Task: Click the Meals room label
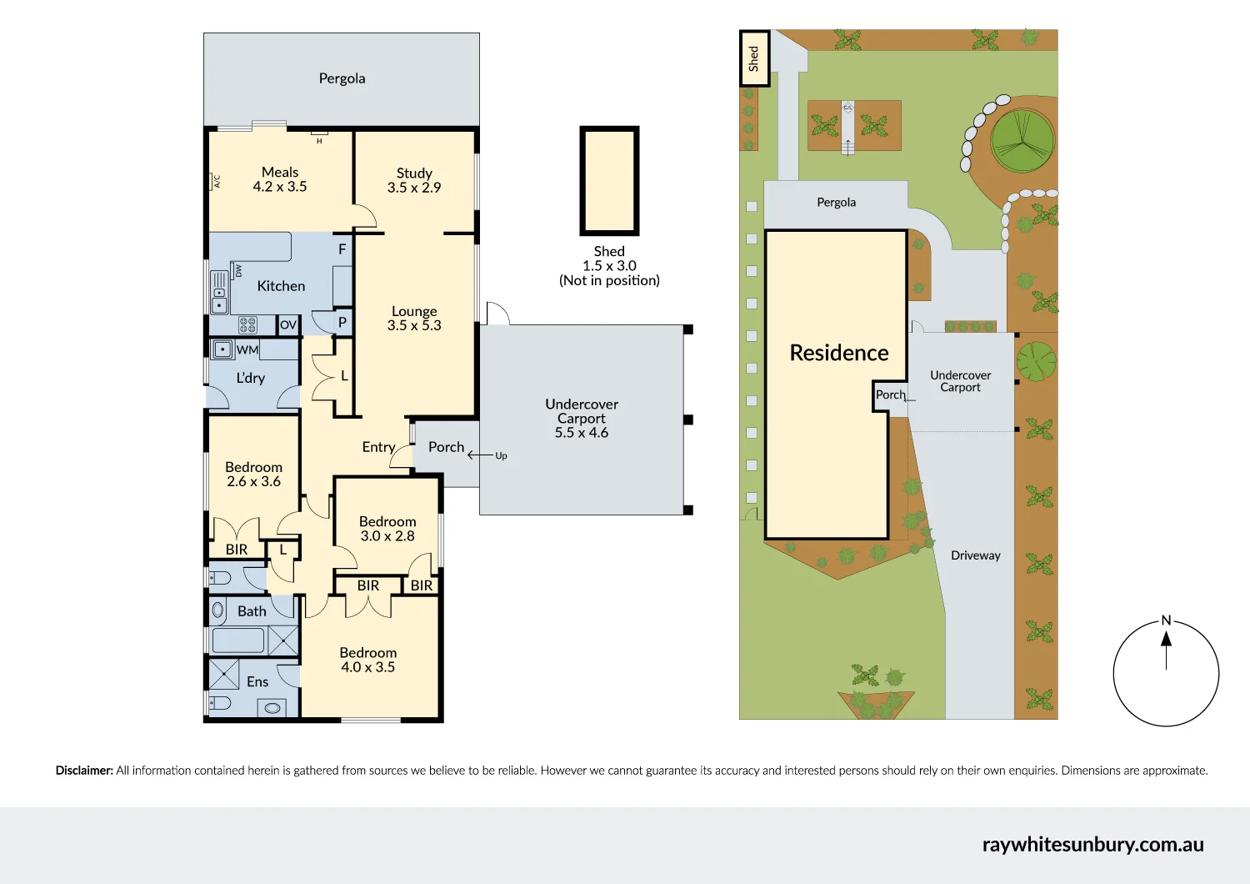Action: click(x=280, y=173)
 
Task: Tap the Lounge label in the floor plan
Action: click(x=414, y=311)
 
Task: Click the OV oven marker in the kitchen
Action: click(x=288, y=325)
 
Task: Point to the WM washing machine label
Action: click(x=247, y=349)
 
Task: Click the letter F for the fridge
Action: click(x=342, y=249)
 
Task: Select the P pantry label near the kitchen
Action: click(x=342, y=323)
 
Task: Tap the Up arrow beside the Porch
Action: click(x=488, y=455)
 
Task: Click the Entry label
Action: click(x=378, y=447)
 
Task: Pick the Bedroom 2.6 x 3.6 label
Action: click(x=253, y=475)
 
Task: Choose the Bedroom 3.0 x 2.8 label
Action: click(x=387, y=529)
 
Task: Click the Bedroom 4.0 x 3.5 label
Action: click(x=367, y=660)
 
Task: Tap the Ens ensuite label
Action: click(x=257, y=682)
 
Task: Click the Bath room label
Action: click(x=252, y=611)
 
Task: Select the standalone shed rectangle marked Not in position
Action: click(x=609, y=181)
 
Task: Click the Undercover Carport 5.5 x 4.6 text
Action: click(x=582, y=418)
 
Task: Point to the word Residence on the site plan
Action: click(x=838, y=353)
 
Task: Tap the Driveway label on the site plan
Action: click(x=975, y=555)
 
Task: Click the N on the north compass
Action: click(x=1166, y=620)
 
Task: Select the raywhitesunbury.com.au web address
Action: click(x=1092, y=844)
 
